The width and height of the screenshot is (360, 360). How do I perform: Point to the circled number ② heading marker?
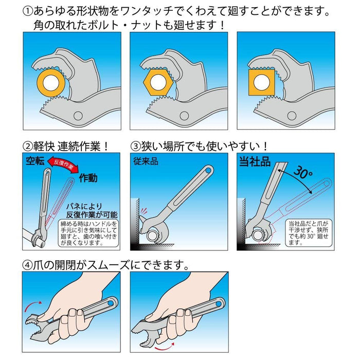click(28, 146)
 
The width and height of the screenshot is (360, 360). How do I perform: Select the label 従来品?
click(146, 161)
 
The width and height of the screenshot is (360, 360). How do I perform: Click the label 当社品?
click(255, 161)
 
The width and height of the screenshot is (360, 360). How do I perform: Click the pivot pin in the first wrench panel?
click(79, 115)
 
